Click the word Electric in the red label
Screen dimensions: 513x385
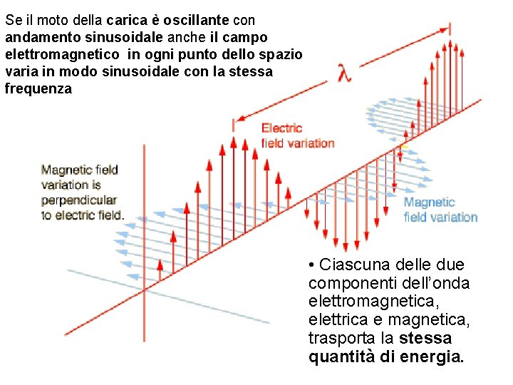(282, 128)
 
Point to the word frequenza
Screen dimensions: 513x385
(38, 89)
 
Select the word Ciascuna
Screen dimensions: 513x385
(354, 265)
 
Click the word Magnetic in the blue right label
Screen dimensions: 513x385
(429, 202)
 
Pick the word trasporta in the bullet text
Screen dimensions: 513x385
(342, 338)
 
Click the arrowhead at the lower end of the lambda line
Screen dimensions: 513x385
(241, 118)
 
